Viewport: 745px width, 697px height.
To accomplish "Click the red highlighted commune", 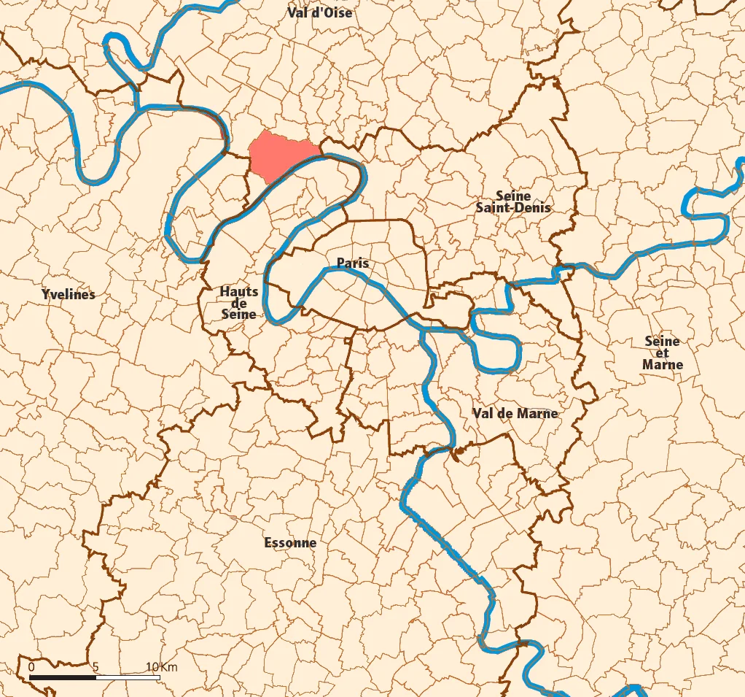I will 281,155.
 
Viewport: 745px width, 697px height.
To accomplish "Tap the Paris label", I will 353,263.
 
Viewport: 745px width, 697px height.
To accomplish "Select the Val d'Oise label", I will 319,12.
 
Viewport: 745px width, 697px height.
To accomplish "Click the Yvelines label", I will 69,295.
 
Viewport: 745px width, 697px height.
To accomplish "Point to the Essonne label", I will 290,543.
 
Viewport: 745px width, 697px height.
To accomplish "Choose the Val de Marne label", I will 515,413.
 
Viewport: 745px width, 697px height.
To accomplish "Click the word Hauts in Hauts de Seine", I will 239,292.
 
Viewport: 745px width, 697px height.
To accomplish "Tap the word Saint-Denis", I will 513,207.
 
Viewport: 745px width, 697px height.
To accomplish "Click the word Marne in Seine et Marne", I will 663,364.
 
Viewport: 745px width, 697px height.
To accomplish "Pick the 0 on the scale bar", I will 31,667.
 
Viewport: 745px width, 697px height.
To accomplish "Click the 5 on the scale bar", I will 95,667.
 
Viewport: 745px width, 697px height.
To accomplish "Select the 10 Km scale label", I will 161,667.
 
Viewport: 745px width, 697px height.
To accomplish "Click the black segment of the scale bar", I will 63,677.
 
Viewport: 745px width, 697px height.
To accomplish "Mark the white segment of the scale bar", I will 128,677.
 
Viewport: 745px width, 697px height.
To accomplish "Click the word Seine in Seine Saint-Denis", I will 513,196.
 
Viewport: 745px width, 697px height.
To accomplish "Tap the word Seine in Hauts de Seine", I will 239,315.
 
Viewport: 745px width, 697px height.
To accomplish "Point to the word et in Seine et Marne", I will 662,353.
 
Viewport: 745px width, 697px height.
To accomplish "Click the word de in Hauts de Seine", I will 239,304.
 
